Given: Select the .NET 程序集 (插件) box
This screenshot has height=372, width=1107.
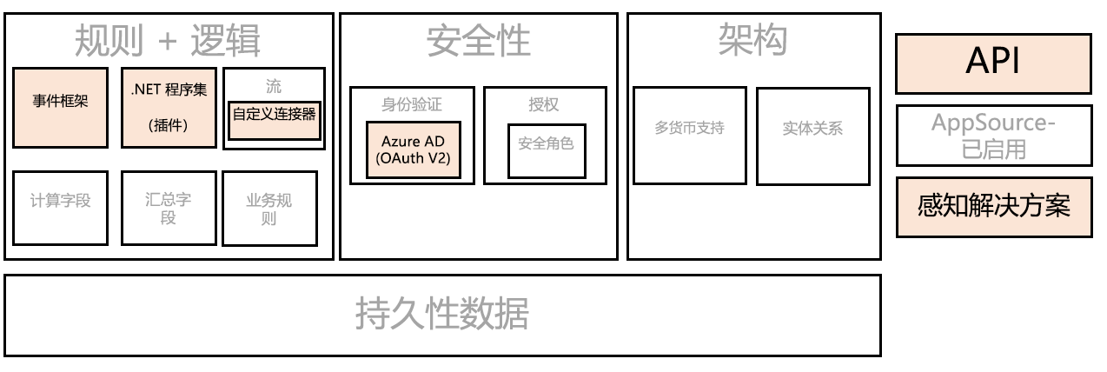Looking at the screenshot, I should click(168, 108).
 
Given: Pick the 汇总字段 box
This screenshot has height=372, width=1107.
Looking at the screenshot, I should click(168, 208).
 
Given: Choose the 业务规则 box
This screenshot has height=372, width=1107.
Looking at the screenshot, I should click(269, 208).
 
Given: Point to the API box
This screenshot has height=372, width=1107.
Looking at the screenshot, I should click(993, 63).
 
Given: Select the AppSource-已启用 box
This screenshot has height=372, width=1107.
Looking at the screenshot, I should click(993, 136).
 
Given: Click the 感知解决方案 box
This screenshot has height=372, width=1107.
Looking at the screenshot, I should click(993, 207).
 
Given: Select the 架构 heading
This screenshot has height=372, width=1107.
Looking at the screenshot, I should click(752, 38).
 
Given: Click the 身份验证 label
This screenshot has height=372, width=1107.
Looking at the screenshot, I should click(412, 104).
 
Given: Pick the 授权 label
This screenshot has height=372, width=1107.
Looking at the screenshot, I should click(544, 104).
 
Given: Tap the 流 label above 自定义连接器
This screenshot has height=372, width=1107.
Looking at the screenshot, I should click(274, 86).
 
